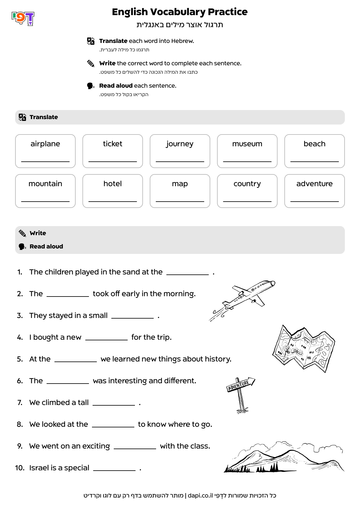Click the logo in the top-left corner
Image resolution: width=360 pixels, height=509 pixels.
23,18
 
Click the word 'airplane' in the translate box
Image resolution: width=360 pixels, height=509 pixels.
45,144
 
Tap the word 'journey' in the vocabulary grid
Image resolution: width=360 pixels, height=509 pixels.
180,144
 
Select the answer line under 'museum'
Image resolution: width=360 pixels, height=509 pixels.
247,161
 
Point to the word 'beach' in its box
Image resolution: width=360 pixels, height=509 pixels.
314,144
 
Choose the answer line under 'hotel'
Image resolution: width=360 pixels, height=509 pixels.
113,201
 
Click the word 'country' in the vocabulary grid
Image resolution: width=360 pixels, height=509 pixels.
247,184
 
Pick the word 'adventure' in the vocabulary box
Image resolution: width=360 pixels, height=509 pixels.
314,184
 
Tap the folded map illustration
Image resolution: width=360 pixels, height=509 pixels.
303,348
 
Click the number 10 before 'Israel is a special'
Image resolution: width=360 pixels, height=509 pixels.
20,468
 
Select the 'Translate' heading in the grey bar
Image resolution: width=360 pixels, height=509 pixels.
44,117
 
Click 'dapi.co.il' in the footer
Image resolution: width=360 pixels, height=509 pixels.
200,495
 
